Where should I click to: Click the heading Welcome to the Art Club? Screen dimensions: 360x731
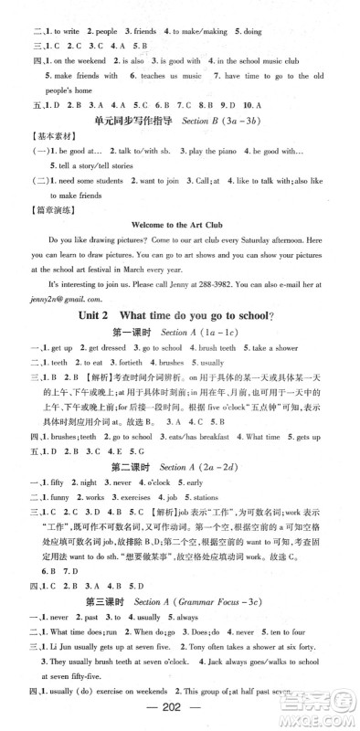tap(180, 222)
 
